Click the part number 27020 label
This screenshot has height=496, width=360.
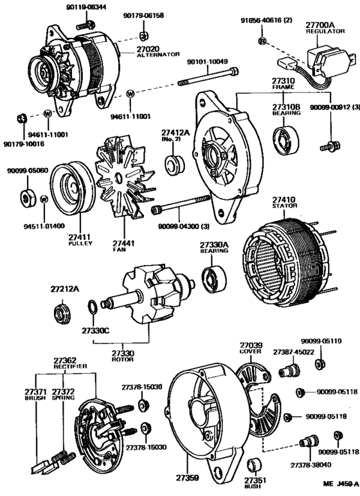pos(149,48)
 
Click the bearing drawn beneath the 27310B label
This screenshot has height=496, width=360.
pos(283,140)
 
